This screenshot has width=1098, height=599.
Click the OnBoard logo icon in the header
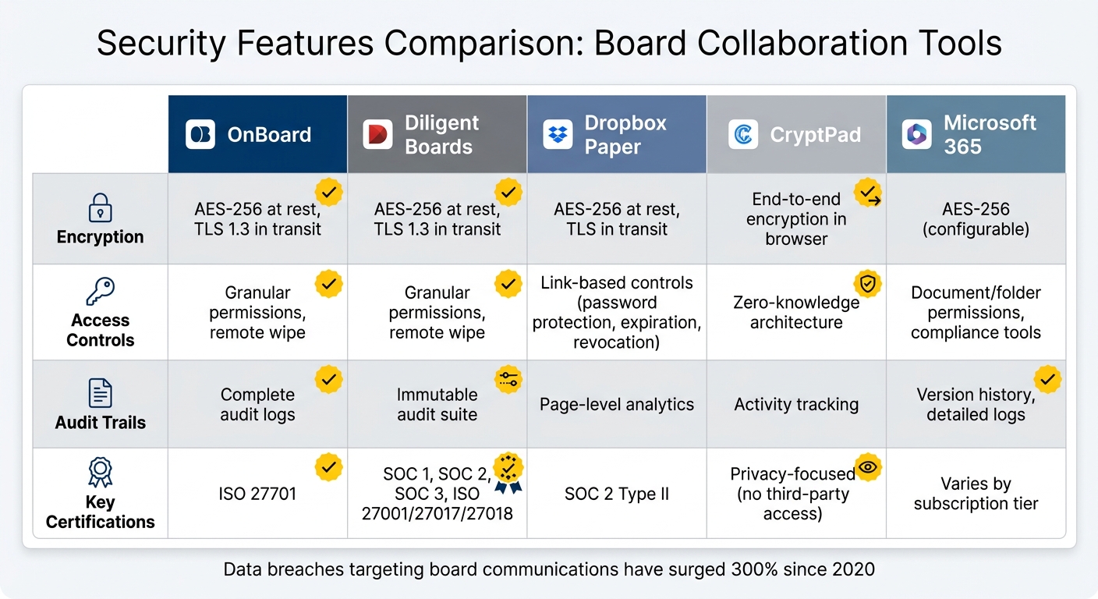point(200,134)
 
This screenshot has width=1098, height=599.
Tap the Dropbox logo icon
point(558,134)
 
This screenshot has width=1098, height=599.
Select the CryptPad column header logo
point(743,134)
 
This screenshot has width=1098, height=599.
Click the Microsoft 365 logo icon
point(916,134)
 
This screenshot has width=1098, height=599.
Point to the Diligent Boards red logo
point(378,134)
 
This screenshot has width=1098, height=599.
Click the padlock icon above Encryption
point(101,209)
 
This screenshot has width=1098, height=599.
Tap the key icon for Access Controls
point(101,292)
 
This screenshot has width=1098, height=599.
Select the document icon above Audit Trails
point(101,394)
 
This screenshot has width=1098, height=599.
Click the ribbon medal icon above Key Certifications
point(101,473)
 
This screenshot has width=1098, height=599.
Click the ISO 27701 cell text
point(257,494)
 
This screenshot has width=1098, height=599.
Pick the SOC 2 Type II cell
point(617,494)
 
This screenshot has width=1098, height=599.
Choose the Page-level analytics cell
point(617,404)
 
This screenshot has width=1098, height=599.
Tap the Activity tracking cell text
point(796,404)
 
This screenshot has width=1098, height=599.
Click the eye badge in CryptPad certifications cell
point(867,467)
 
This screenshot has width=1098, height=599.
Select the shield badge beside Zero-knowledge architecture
point(867,284)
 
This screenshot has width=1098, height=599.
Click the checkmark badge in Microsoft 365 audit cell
point(1047,379)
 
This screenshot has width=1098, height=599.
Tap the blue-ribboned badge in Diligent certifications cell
point(508,471)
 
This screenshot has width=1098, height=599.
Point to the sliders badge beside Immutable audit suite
point(508,379)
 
